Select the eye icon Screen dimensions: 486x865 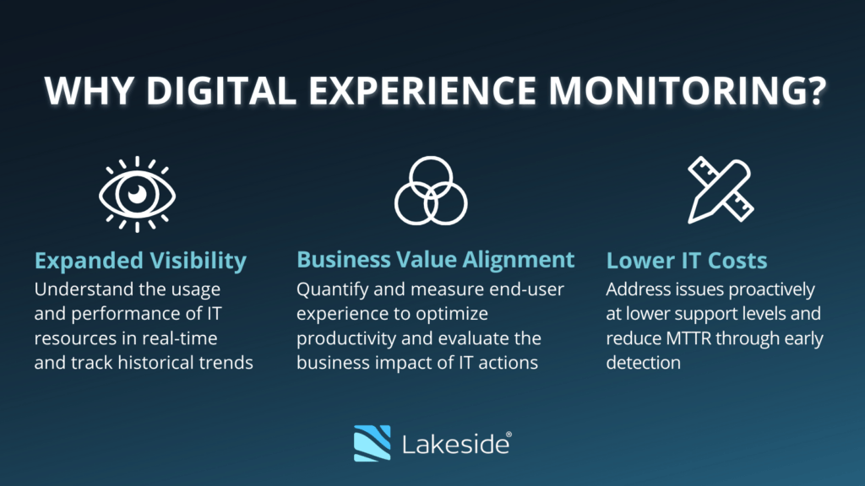(137, 194)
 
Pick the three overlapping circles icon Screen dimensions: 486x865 (431, 191)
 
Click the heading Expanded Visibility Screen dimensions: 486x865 (140, 260)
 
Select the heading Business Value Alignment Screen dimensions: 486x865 (435, 259)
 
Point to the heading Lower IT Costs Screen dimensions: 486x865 (687, 260)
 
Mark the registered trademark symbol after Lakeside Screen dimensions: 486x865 (507, 434)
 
